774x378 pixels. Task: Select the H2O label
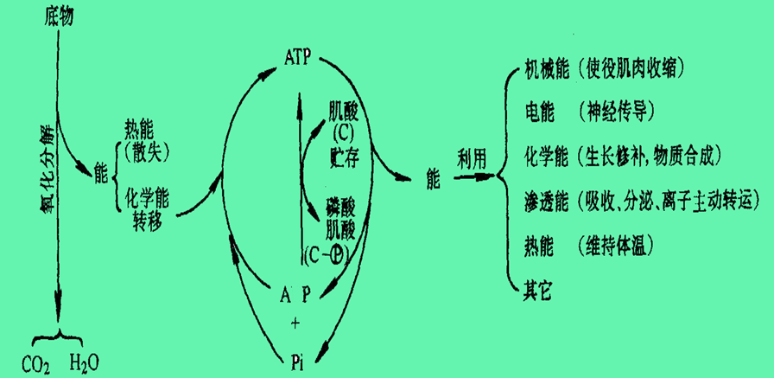(x=86, y=364)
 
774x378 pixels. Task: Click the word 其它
(x=538, y=290)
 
